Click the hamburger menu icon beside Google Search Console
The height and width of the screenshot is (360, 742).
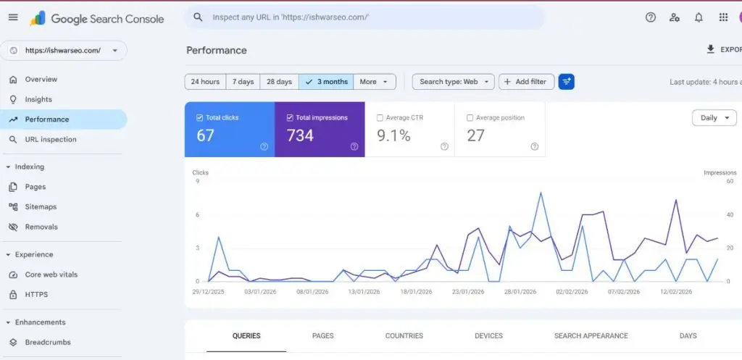[13, 17]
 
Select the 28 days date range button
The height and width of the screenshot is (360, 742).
[279, 82]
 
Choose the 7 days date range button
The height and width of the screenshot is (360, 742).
[243, 82]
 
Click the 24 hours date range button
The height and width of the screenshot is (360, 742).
[205, 82]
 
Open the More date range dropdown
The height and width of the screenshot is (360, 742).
[374, 82]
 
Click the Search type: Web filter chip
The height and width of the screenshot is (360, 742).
[453, 82]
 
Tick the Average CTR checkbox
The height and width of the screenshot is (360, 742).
[380, 117]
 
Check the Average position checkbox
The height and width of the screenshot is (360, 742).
[470, 117]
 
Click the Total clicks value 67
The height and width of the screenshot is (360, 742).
[206, 135]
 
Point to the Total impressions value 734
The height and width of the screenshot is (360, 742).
[300, 135]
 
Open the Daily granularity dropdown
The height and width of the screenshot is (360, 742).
[714, 118]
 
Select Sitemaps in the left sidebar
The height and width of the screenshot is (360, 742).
[41, 207]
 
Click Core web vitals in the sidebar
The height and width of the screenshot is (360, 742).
[51, 275]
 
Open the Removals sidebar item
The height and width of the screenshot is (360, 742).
[41, 227]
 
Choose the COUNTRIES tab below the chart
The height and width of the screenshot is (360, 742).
[404, 336]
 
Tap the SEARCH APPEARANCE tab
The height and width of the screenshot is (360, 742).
[591, 336]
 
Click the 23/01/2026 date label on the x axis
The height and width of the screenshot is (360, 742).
[468, 292]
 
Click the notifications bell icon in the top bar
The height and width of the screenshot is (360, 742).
[699, 17]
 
